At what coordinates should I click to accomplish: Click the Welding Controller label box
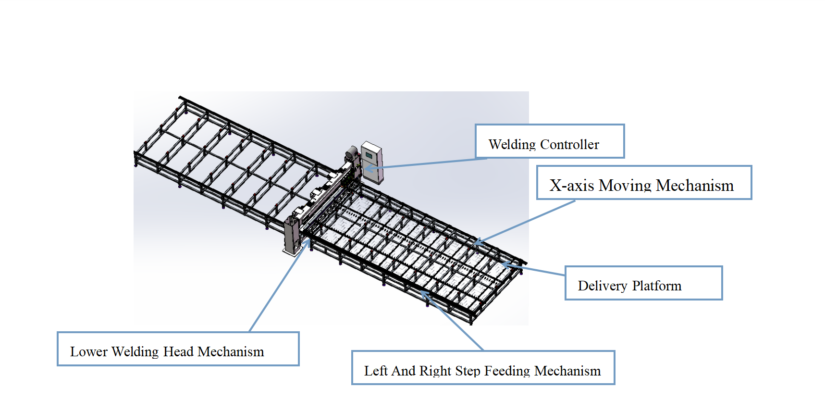point(550,141)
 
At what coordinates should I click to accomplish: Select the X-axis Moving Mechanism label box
point(644,183)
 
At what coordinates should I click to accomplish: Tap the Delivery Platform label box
point(643,283)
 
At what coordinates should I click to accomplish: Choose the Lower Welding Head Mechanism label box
point(178,349)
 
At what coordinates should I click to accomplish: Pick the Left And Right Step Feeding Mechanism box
point(483,368)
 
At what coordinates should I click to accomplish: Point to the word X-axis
point(572,186)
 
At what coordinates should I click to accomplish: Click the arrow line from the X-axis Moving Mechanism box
point(524,223)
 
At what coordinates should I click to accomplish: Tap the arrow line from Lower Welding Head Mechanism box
point(279,286)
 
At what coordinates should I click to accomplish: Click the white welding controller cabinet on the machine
point(372,163)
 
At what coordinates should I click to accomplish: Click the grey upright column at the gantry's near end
point(292,236)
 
